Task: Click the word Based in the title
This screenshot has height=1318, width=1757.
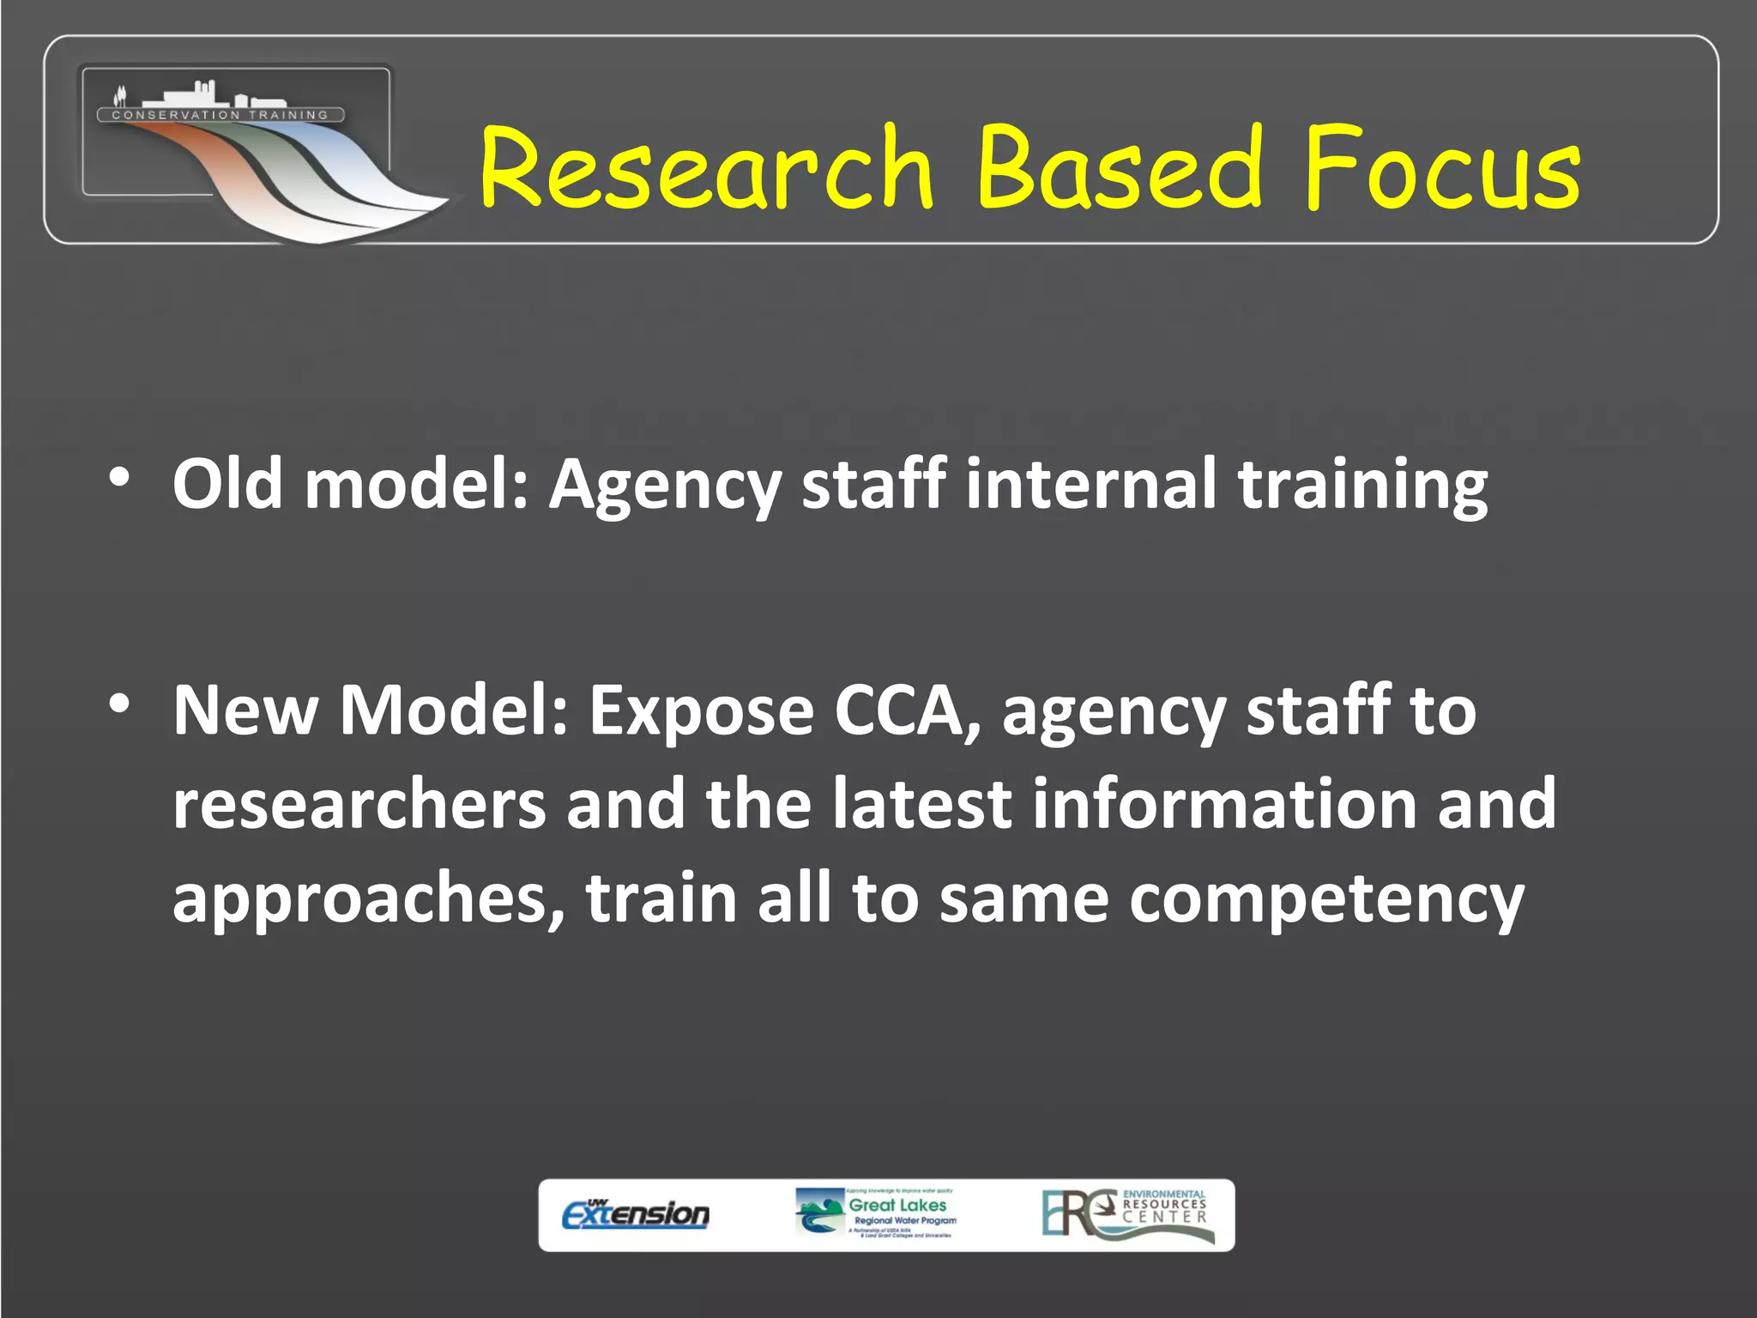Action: pos(1119,168)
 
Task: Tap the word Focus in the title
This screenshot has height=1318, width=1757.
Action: pos(1441,168)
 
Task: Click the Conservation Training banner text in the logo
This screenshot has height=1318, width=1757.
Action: pos(220,115)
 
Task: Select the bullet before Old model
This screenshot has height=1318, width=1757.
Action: pos(120,478)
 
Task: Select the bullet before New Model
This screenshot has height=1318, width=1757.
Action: pos(120,704)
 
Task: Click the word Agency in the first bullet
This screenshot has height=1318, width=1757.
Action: pos(665,486)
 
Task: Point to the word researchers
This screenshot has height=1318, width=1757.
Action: pos(359,804)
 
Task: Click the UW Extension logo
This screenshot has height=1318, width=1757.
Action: pos(636,1214)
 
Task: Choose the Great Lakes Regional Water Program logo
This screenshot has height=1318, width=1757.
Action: pos(875,1213)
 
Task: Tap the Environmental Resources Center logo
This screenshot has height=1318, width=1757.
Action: pos(1128,1213)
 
